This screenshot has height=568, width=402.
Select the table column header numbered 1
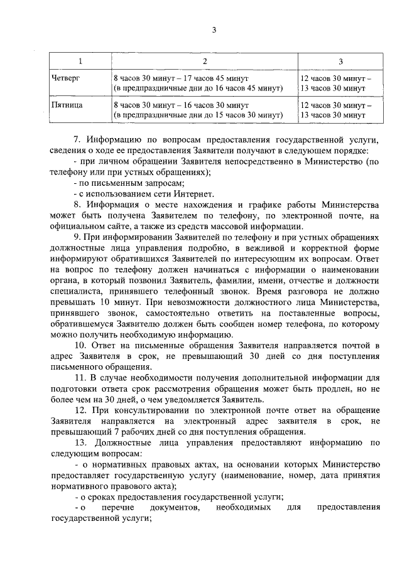(79, 62)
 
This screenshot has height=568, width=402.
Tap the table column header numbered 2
(204, 62)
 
